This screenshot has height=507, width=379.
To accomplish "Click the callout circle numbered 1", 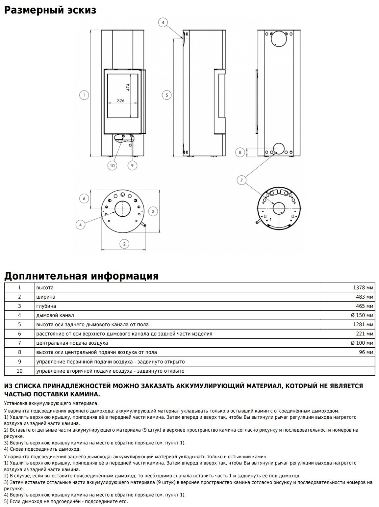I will pyautogui.click(x=84, y=95).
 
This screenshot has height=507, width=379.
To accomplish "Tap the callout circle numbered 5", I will pyautogui.click(x=167, y=95).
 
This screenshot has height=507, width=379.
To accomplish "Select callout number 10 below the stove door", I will pyautogui.click(x=113, y=165).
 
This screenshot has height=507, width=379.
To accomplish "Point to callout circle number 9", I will pyautogui.click(x=132, y=165).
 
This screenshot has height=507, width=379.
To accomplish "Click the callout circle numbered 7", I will pyautogui.click(x=242, y=180).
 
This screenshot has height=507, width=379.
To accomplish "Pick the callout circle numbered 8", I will pyautogui.click(x=240, y=152).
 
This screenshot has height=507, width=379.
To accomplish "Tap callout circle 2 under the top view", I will pyautogui.click(x=124, y=244).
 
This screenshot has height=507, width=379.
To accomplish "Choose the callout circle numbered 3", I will pyautogui.click(x=153, y=211).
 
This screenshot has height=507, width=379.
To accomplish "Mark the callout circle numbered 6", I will pyautogui.click(x=84, y=199).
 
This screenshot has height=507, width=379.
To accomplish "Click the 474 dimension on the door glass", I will pyautogui.click(x=128, y=87).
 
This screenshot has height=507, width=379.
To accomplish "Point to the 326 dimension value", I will pyautogui.click(x=121, y=101).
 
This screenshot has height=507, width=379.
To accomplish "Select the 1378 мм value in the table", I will pyautogui.click(x=363, y=288).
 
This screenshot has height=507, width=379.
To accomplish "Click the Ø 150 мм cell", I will pyautogui.click(x=362, y=315).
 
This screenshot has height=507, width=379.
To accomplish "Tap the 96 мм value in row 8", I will pyautogui.click(x=366, y=352).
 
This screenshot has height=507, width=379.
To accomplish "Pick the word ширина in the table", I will pyautogui.click(x=46, y=297).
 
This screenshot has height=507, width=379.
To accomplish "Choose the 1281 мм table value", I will pyautogui.click(x=363, y=325).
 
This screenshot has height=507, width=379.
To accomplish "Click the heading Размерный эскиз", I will pyautogui.click(x=50, y=10).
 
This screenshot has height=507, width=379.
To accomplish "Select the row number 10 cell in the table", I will pyautogui.click(x=19, y=371).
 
